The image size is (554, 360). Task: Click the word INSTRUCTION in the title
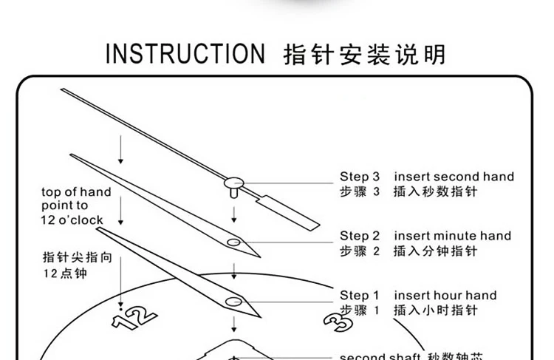tap(185, 55)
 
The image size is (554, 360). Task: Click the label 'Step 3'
tap(359, 177)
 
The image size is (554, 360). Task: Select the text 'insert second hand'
tap(454, 177)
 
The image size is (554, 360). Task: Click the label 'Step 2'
tap(359, 236)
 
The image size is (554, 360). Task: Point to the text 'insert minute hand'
tap(452, 236)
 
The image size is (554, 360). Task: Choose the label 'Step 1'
tap(359, 295)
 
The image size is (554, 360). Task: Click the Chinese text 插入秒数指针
tap(436, 192)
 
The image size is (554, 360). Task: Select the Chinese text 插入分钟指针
tap(436, 251)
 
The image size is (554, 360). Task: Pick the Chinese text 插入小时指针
tap(436, 310)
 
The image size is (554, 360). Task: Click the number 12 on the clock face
tap(134, 317)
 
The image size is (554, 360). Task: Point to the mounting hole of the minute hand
tap(233, 242)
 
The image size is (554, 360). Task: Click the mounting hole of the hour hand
tap(236, 300)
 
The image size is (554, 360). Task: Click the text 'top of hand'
tap(76, 192)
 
